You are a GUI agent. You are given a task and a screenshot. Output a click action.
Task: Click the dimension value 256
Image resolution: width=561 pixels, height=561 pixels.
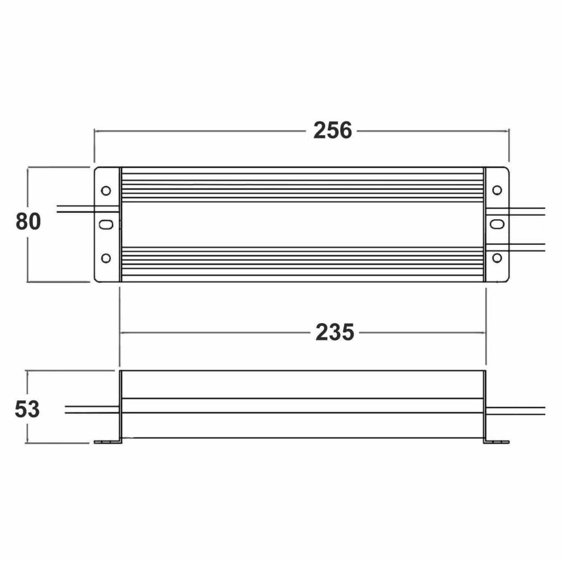click(x=333, y=131)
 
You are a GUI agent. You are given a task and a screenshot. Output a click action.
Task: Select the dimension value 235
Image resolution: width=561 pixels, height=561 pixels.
click(x=335, y=333)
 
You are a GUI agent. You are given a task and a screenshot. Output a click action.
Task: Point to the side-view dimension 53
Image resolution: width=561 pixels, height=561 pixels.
click(x=27, y=409)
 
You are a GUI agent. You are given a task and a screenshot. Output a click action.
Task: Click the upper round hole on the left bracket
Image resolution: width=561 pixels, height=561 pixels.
click(x=106, y=191)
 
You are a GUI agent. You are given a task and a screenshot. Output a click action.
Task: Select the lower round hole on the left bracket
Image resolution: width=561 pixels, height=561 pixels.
click(x=106, y=258)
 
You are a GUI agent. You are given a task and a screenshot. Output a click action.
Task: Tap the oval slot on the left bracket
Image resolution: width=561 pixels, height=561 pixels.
click(x=107, y=225)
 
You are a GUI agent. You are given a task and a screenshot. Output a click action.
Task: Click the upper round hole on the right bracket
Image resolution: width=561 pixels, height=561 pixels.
click(x=497, y=190)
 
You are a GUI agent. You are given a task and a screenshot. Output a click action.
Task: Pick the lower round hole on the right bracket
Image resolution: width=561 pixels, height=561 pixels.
click(x=497, y=257)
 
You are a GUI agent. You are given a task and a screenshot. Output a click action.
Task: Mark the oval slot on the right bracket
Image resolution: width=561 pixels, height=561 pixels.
click(x=497, y=224)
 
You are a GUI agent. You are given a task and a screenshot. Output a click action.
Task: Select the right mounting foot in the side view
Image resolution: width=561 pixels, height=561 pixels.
click(x=496, y=442)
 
